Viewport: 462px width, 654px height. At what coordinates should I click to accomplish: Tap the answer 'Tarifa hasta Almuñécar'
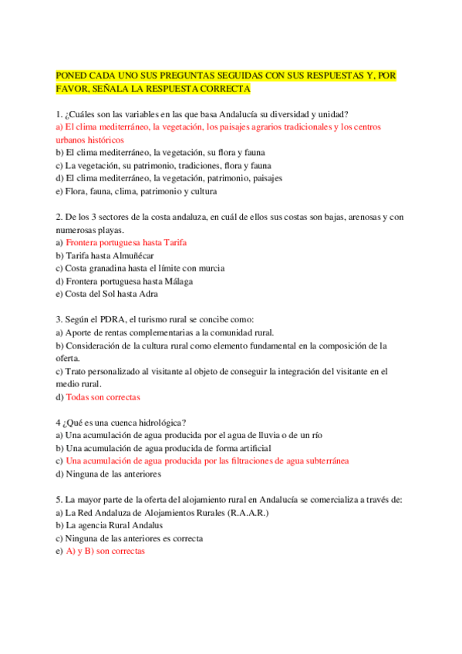coord(110,255)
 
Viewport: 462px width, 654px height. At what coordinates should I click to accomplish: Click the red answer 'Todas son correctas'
coord(103,397)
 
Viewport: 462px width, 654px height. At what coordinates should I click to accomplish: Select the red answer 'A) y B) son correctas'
coord(104,551)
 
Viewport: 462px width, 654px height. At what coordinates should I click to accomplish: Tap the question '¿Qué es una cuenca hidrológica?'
coord(124,422)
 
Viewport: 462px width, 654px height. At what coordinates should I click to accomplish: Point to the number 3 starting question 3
coord(59,319)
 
